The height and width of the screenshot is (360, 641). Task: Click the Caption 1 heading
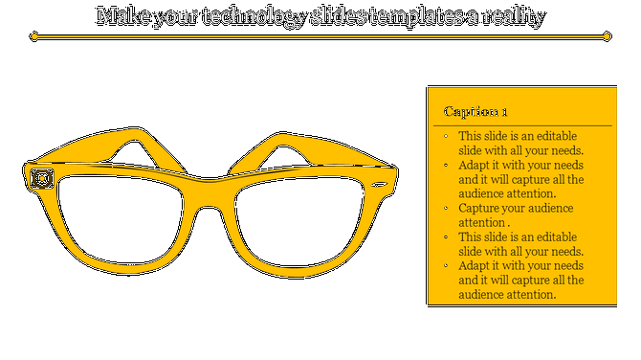[x=475, y=112]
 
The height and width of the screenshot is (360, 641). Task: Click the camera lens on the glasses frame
[x=41, y=178]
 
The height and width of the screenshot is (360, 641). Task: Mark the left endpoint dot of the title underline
[x=34, y=36]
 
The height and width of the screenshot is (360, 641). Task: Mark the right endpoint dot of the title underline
[x=607, y=36]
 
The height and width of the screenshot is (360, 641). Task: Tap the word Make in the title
[x=121, y=16]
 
